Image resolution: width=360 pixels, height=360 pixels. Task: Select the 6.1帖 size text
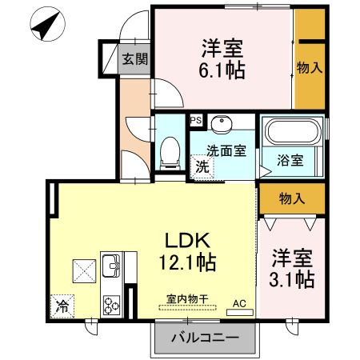(x=221, y=69)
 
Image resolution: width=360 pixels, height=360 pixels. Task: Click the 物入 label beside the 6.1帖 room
(x=309, y=68)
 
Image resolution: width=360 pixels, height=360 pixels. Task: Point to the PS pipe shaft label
(x=196, y=121)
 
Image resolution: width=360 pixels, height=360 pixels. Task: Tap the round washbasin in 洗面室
(x=221, y=124)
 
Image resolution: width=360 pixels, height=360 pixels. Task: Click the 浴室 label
(x=290, y=160)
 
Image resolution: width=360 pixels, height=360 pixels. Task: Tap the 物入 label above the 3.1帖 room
(x=291, y=197)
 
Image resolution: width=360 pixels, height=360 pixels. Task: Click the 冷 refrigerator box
(x=61, y=305)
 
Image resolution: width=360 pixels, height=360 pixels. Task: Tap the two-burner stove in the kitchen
(x=110, y=305)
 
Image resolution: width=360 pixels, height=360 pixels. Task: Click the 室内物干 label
(x=187, y=298)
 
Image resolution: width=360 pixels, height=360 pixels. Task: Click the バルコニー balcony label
(x=206, y=338)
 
